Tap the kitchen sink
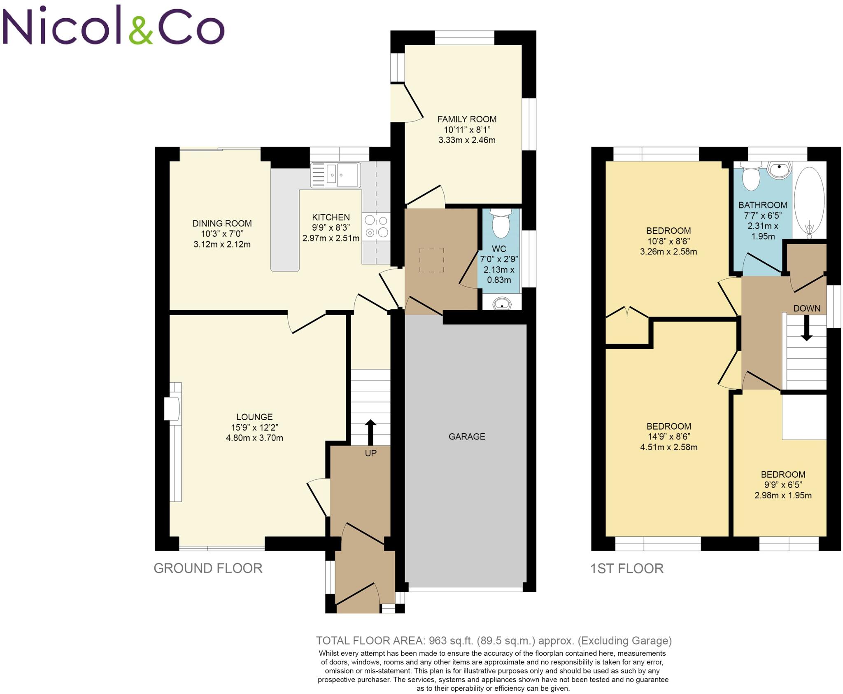tap(335, 175)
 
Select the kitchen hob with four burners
tap(376, 226)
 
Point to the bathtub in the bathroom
tap(809, 201)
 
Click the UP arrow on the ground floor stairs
tap(370, 432)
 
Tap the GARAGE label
tap(467, 437)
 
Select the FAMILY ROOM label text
tap(467, 119)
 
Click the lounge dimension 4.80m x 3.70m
tap(254, 438)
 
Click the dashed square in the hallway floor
tap(431, 260)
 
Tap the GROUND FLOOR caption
tap(208, 568)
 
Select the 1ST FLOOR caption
tap(627, 569)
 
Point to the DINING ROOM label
tap(222, 224)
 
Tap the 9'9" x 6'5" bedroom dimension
tap(782, 485)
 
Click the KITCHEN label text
tap(331, 217)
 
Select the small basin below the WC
tap(501, 304)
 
